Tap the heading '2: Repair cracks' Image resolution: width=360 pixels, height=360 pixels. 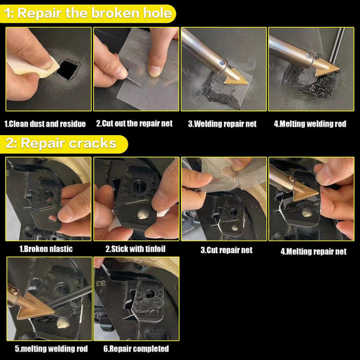point(66,144)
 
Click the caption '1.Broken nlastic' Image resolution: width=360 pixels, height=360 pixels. point(47,248)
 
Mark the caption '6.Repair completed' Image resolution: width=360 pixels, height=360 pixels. point(136,349)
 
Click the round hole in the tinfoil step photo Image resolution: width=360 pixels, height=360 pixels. point(142,213)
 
